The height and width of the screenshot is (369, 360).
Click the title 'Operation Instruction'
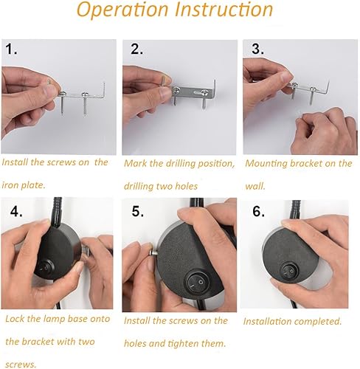pyautogui.click(x=175, y=12)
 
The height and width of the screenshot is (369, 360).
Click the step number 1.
pyautogui.click(x=13, y=50)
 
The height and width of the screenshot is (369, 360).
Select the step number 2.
pyautogui.click(x=136, y=50)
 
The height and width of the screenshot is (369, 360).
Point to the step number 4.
pyautogui.click(x=15, y=211)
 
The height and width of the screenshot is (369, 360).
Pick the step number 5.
pyautogui.click(x=137, y=212)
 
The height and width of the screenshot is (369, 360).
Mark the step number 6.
pyautogui.click(x=259, y=211)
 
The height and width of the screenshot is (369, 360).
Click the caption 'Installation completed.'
pyautogui.click(x=292, y=322)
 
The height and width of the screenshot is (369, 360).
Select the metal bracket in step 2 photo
pyautogui.click(x=195, y=92)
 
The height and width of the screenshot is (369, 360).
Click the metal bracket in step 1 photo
pyautogui.click(x=81, y=94)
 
